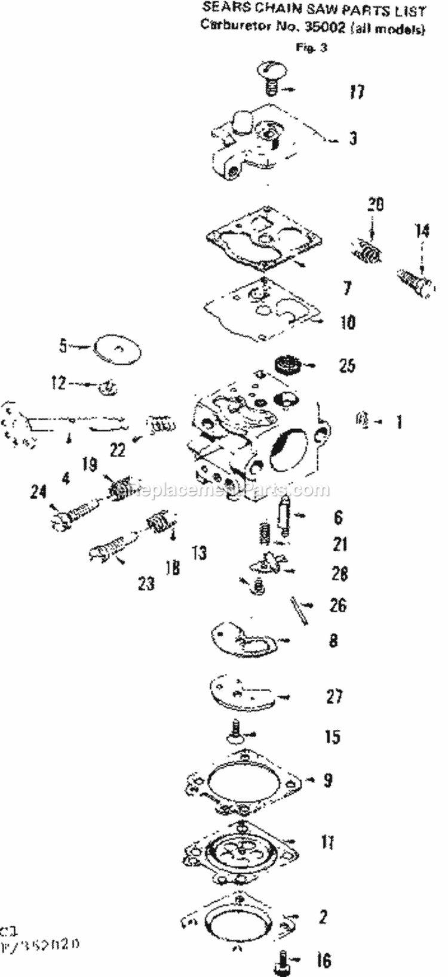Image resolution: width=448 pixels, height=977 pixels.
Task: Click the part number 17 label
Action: pyautogui.click(x=357, y=92)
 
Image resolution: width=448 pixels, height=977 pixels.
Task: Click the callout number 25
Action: pyautogui.click(x=347, y=365)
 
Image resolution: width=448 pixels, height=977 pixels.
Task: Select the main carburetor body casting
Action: pyautogui.click(x=257, y=442)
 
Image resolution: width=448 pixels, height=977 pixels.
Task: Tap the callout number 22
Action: pyautogui.click(x=118, y=449)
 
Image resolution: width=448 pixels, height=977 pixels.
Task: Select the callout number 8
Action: pyautogui.click(x=333, y=640)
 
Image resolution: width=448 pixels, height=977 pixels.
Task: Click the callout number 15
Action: pyautogui.click(x=332, y=736)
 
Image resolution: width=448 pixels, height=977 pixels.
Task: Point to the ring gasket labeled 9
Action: pyautogui.click(x=245, y=782)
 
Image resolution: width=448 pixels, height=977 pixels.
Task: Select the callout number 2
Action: pyautogui.click(x=323, y=917)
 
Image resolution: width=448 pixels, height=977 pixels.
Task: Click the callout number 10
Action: pyautogui.click(x=347, y=322)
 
